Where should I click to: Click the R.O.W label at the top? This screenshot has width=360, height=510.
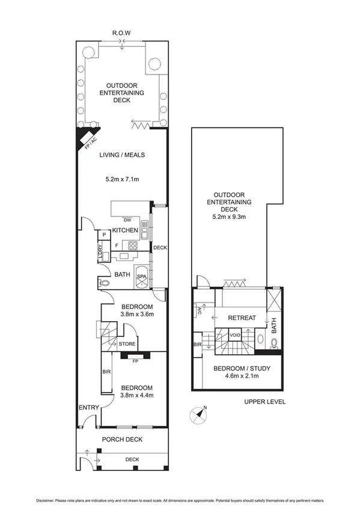[x=122, y=32]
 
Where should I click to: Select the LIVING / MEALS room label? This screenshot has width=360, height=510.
[x=122, y=155]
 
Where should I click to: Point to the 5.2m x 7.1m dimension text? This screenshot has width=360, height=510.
[x=122, y=179]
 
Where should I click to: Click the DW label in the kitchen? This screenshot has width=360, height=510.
[x=127, y=220]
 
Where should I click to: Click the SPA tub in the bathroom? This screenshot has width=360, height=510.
[x=142, y=277]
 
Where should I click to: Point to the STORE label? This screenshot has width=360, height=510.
[x=127, y=345]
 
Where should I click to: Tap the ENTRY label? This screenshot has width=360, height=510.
[x=88, y=408]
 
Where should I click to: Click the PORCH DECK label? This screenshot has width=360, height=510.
[x=122, y=439]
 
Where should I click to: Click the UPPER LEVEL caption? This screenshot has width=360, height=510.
[x=265, y=402]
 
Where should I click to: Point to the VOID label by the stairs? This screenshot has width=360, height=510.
[x=235, y=334]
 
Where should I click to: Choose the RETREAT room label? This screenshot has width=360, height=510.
[x=242, y=318]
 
